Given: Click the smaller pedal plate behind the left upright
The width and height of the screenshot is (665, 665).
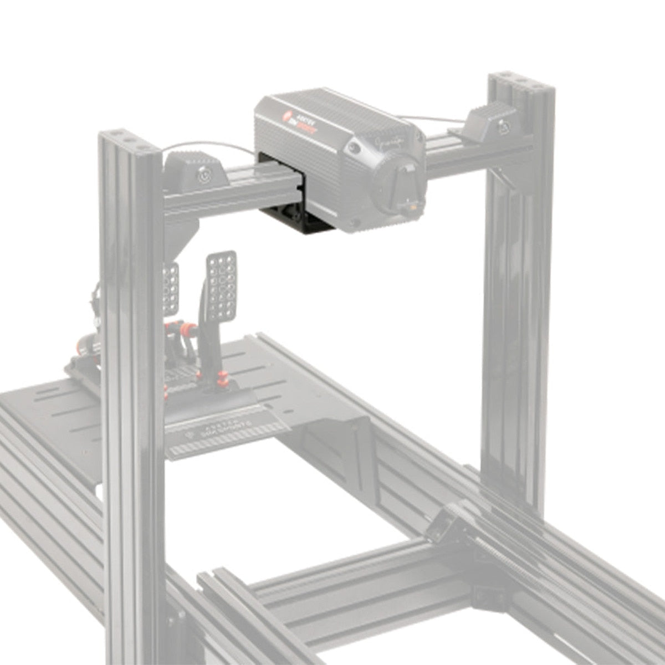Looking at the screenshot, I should [171, 288].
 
